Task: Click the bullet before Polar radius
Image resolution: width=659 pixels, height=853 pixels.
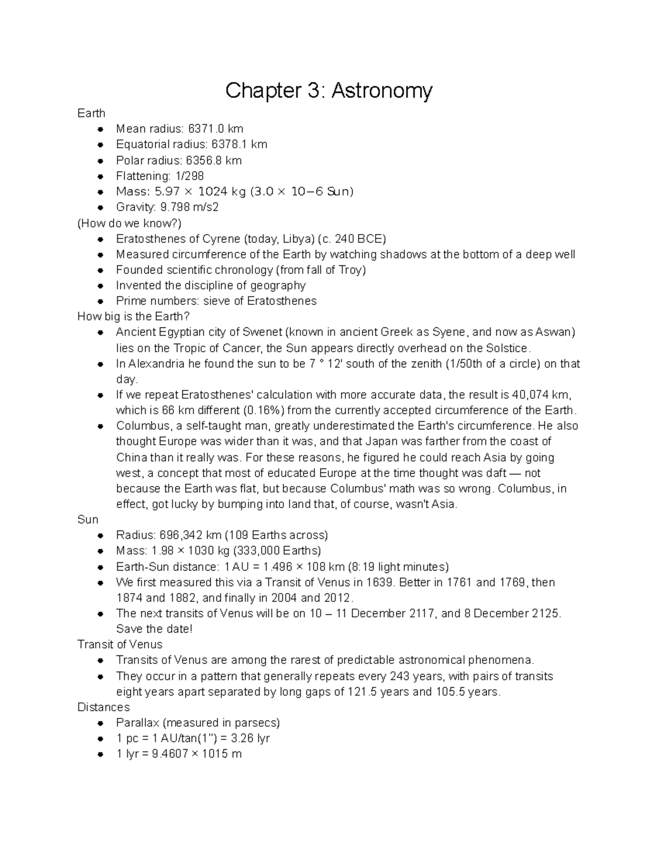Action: pos(100,161)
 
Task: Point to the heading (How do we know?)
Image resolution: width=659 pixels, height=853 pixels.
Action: pos(130,223)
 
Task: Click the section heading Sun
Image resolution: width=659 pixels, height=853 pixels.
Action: pos(88,520)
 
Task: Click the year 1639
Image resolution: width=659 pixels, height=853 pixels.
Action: pos(380,582)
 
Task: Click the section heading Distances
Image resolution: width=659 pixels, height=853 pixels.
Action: pos(103,707)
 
